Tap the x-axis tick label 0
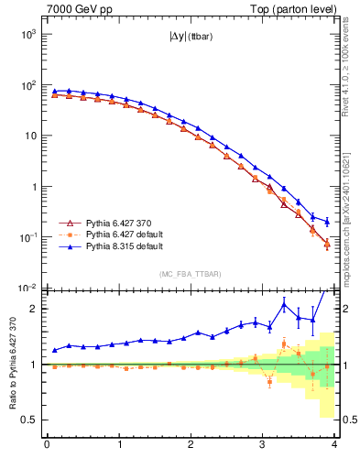pos(47,446)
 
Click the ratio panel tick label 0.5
pos(29,420)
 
